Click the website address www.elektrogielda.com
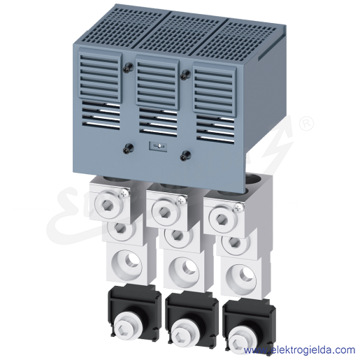(x=299, y=350)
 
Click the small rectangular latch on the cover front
(x=158, y=146)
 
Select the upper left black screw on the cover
(x=128, y=68)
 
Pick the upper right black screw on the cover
(x=185, y=75)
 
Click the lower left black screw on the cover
(x=128, y=149)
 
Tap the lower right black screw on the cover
(x=185, y=155)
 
